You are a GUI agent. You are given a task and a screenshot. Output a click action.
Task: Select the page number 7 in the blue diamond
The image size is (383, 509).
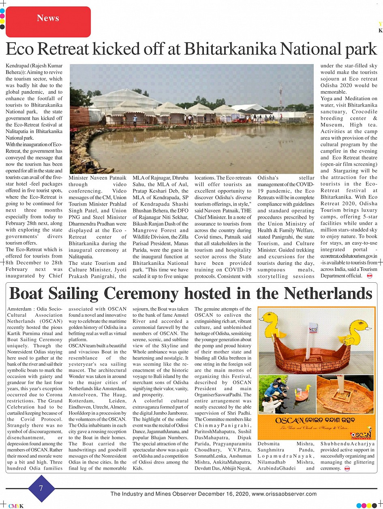coord(41,488)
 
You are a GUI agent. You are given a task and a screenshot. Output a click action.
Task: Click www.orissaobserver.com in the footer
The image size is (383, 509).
coord(284,494)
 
